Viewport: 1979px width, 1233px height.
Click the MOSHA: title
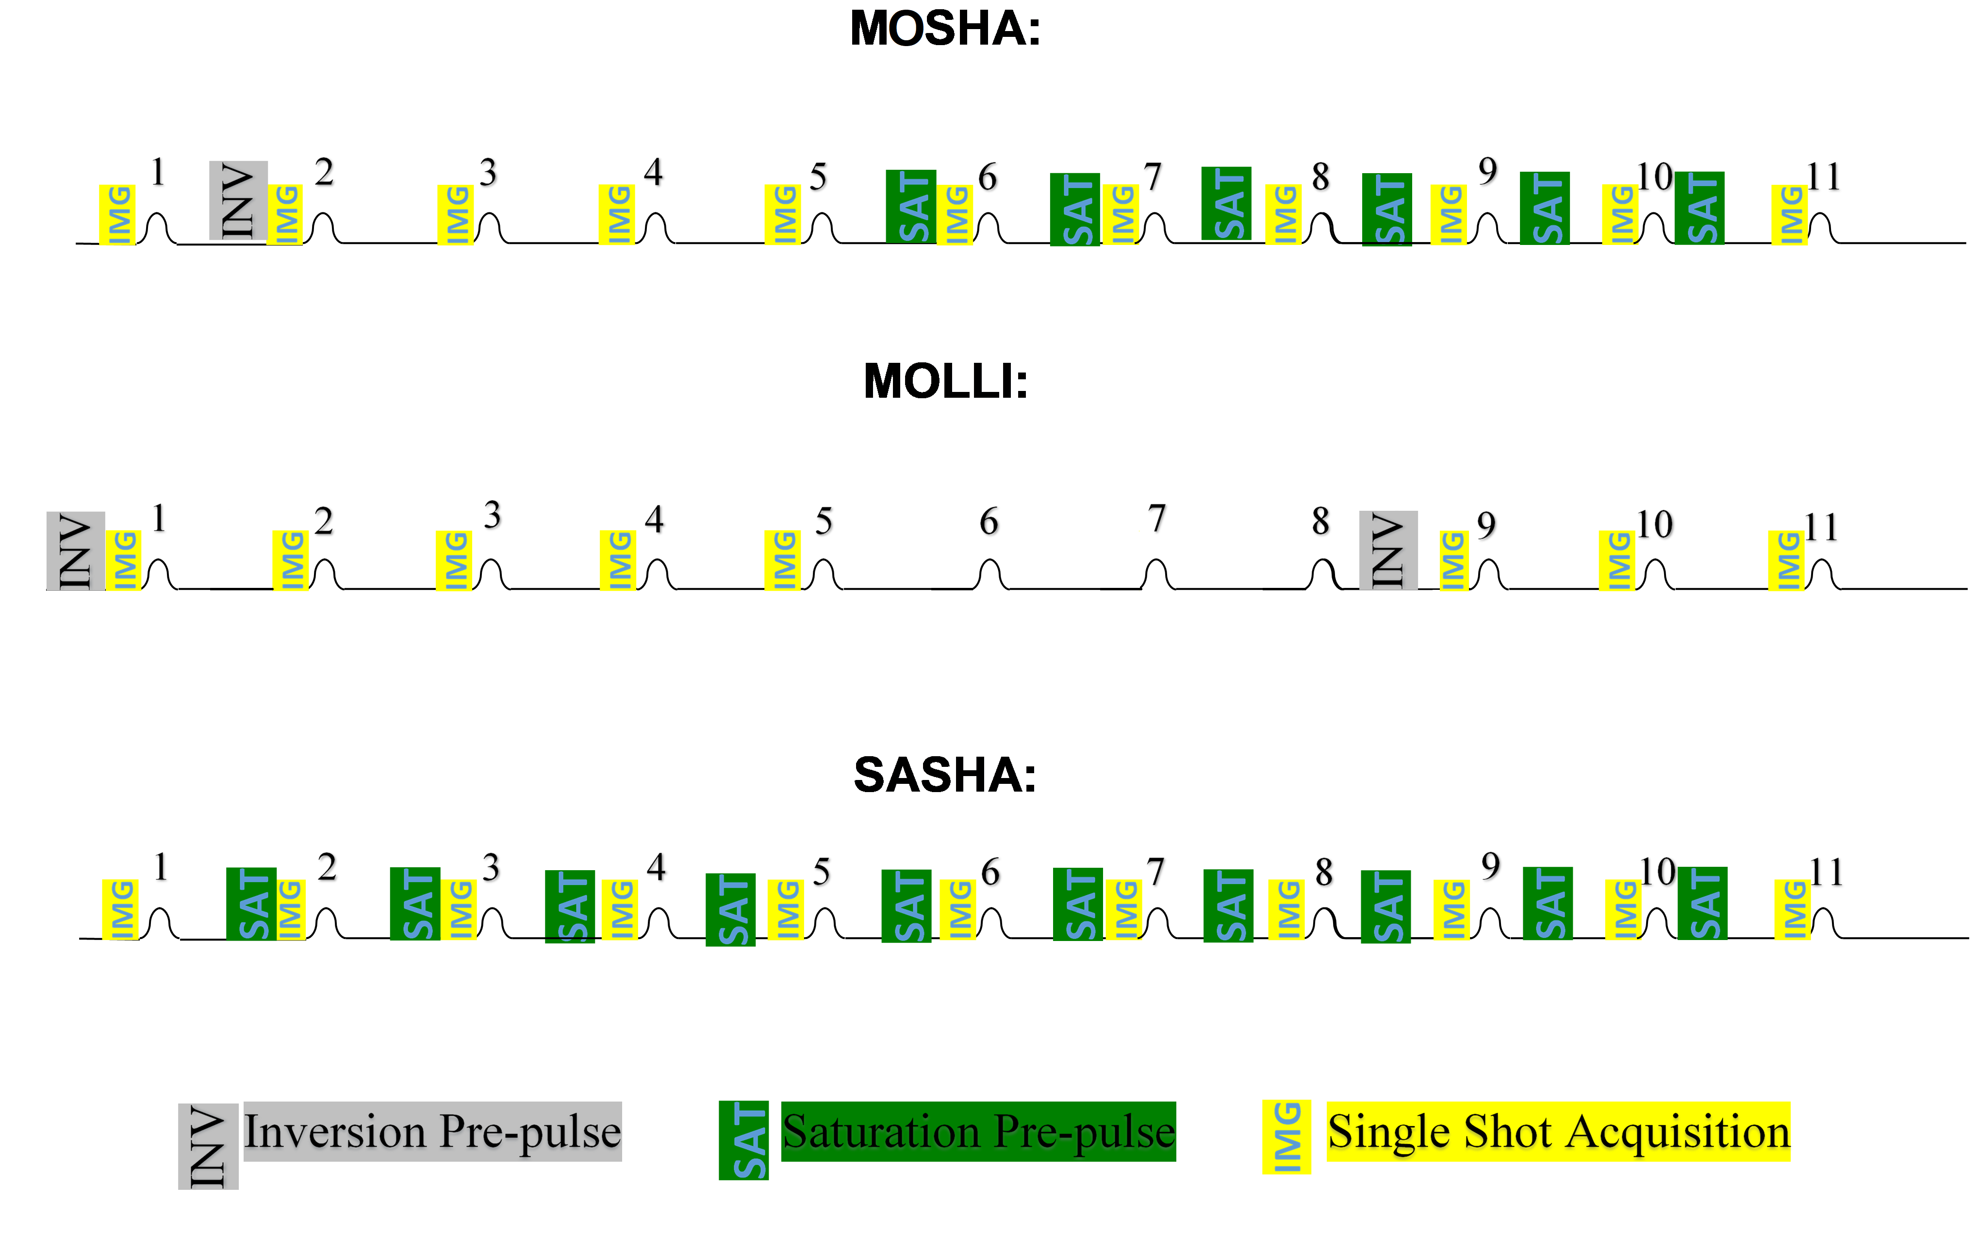[945, 30]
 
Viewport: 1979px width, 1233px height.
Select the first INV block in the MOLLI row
[75, 551]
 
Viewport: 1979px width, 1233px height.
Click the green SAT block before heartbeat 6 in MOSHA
[910, 206]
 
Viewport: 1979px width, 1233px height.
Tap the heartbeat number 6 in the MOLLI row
[989, 521]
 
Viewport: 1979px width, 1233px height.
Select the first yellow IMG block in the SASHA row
[120, 909]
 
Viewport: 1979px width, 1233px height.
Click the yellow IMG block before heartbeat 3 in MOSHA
[455, 214]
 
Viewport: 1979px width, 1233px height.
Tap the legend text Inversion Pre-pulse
[432, 1132]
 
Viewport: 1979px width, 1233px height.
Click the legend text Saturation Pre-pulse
[978, 1132]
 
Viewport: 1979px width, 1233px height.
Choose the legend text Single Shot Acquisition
[1558, 1132]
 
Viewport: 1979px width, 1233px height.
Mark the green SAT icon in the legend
[743, 1140]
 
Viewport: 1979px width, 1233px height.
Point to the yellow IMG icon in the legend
[1286, 1137]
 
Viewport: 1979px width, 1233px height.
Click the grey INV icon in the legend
[208, 1146]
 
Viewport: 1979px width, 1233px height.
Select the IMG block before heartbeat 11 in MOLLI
[1786, 560]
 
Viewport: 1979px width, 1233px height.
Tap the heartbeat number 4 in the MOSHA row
[653, 173]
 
